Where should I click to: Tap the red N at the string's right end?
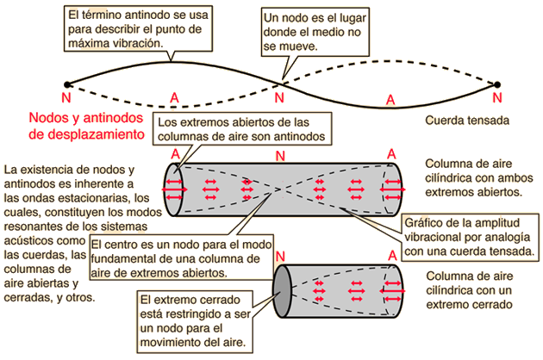point(495,97)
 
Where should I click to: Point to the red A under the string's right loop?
point(390,102)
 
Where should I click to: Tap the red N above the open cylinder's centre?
point(278,156)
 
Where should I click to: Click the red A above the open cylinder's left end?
point(176,153)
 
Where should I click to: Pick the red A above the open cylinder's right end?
point(391,153)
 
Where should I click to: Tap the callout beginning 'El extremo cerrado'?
point(196,320)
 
